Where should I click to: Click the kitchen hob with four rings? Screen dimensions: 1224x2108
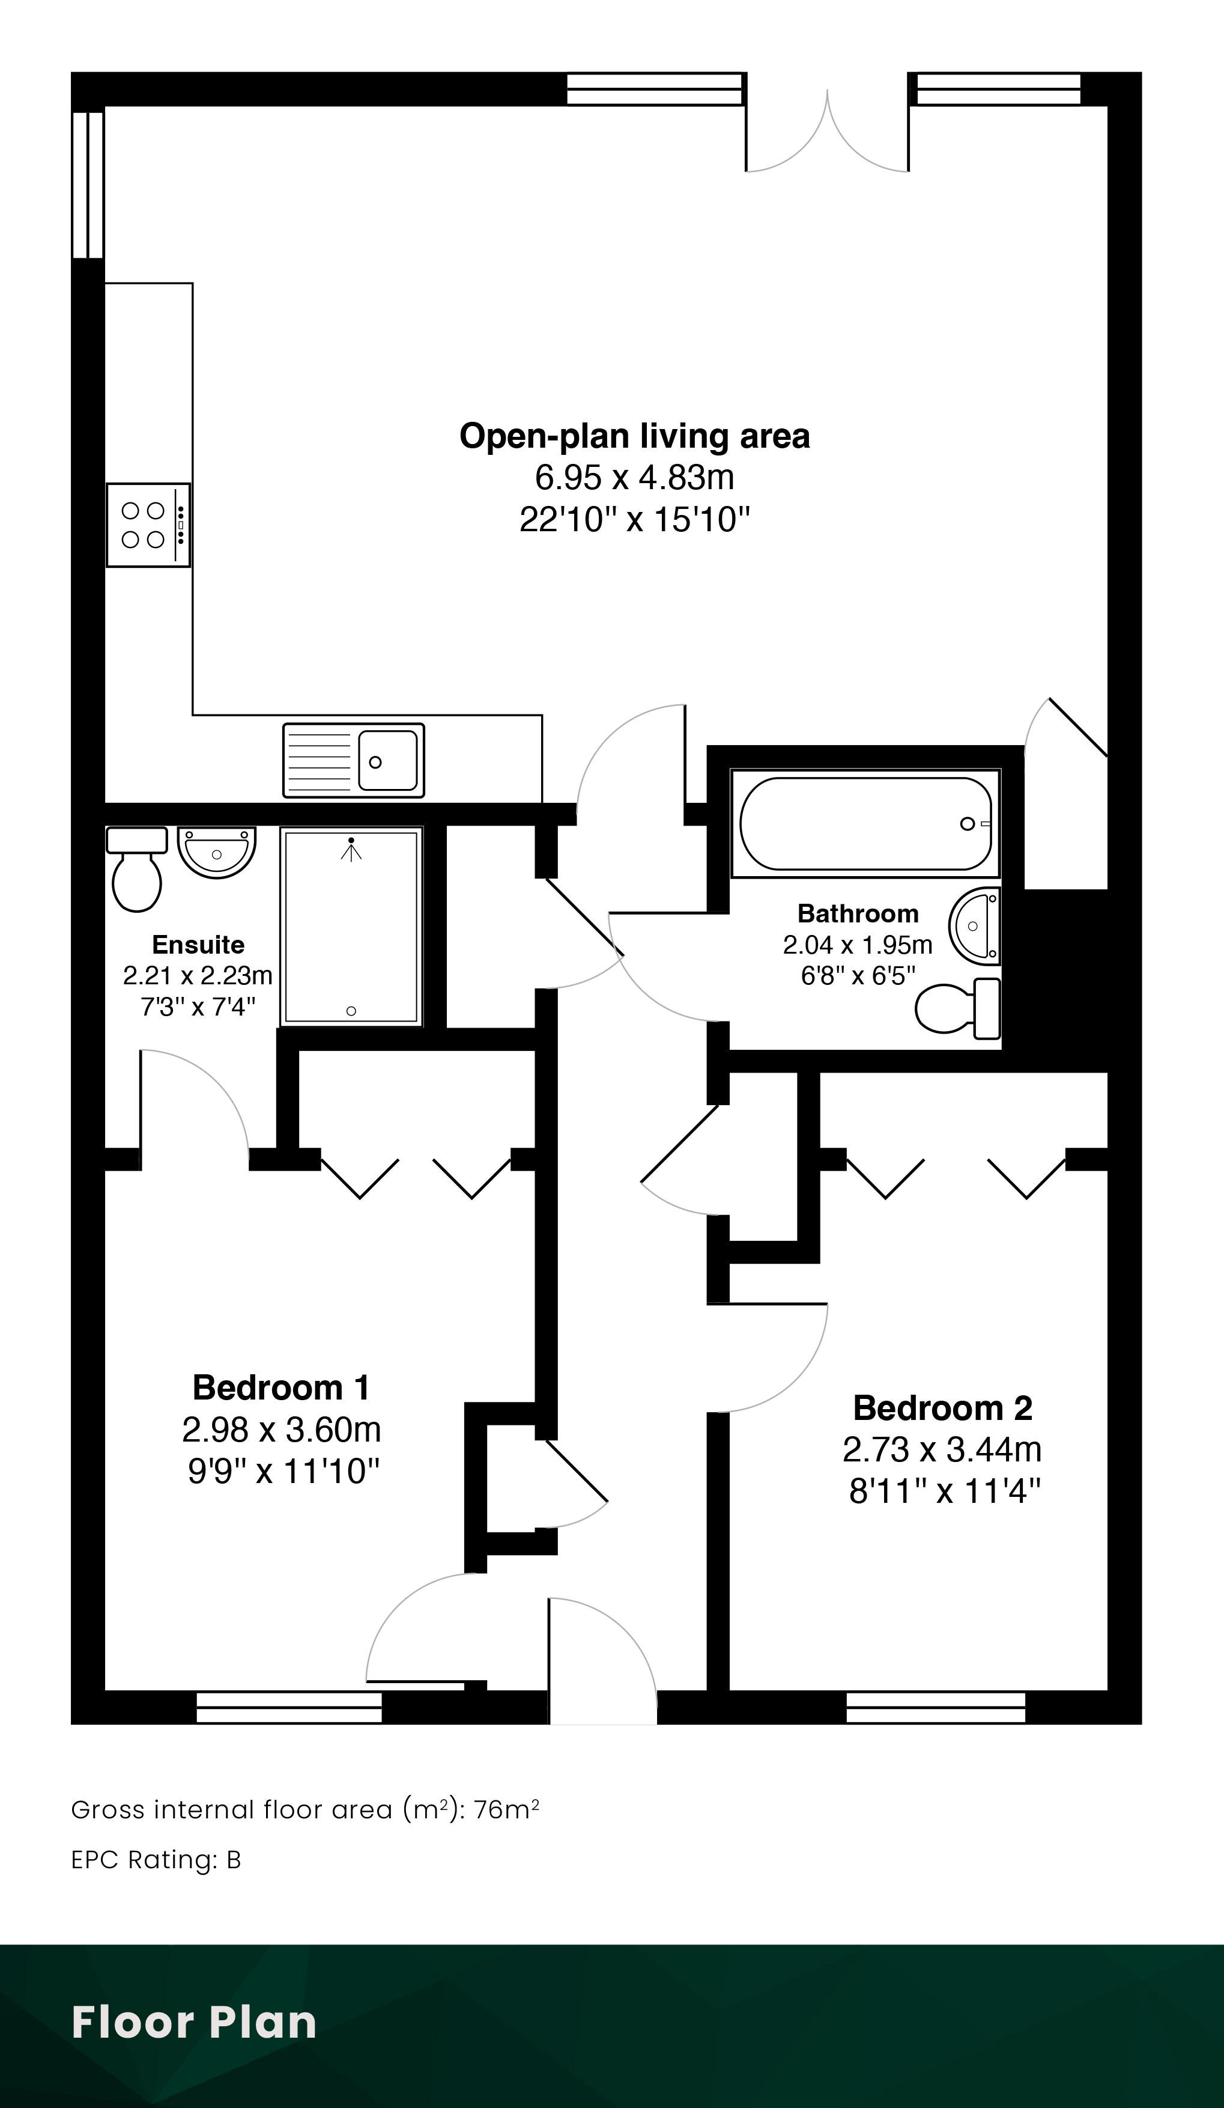[x=148, y=525]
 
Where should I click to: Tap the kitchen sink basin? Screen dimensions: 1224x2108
[x=388, y=760]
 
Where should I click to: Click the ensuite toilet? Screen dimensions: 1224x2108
[x=136, y=869]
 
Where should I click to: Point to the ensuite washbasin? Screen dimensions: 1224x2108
[x=217, y=853]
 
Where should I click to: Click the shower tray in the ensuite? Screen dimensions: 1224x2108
[x=351, y=926]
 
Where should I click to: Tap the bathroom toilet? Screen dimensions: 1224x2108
[x=958, y=1007]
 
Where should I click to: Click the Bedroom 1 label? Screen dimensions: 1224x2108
[x=281, y=1387]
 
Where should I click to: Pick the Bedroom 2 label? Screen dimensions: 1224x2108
[x=942, y=1408]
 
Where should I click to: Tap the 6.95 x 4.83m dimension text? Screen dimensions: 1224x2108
[x=635, y=478]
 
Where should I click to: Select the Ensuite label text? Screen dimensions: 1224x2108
[x=198, y=945]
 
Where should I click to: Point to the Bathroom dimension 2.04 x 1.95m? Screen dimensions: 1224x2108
[x=858, y=945]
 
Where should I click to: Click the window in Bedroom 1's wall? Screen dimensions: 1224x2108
[x=289, y=1707]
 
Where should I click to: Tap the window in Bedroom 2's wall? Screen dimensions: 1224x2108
[x=936, y=1707]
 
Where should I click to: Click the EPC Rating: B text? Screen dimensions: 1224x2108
[x=156, y=1860]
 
